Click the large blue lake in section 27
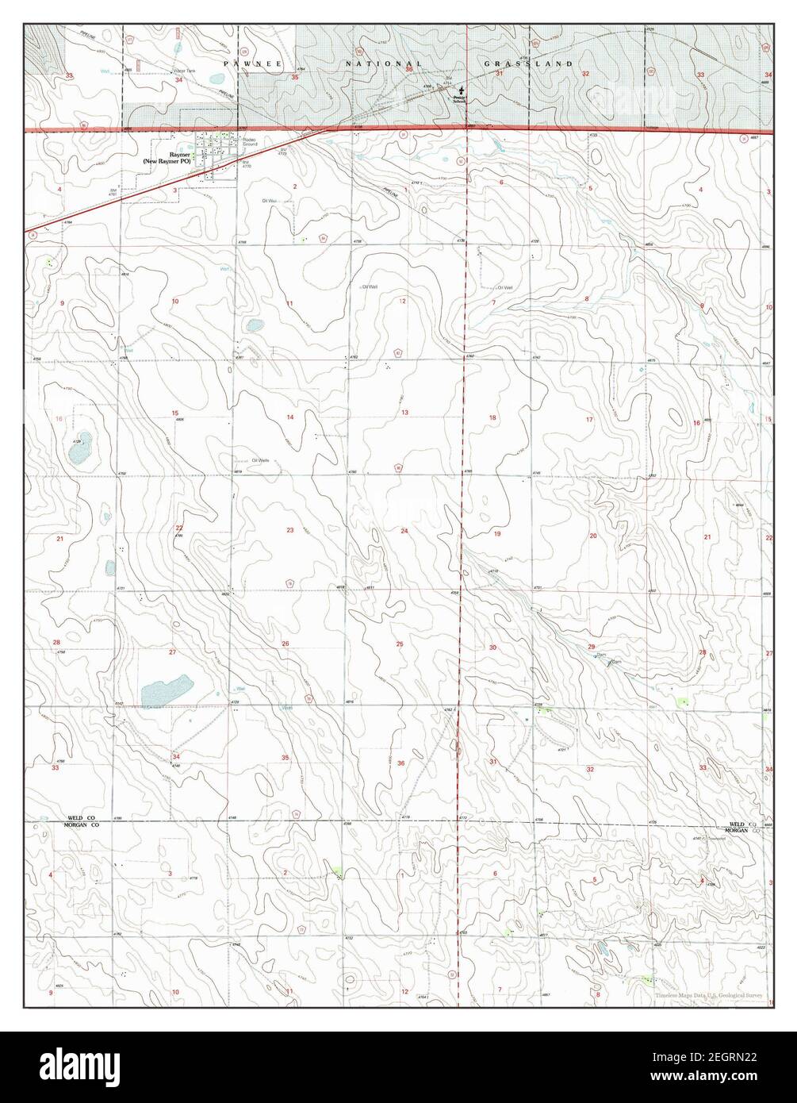click(x=167, y=690)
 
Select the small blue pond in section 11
click(x=255, y=325)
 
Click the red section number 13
click(x=404, y=413)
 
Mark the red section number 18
click(x=492, y=417)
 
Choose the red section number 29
click(x=591, y=648)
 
